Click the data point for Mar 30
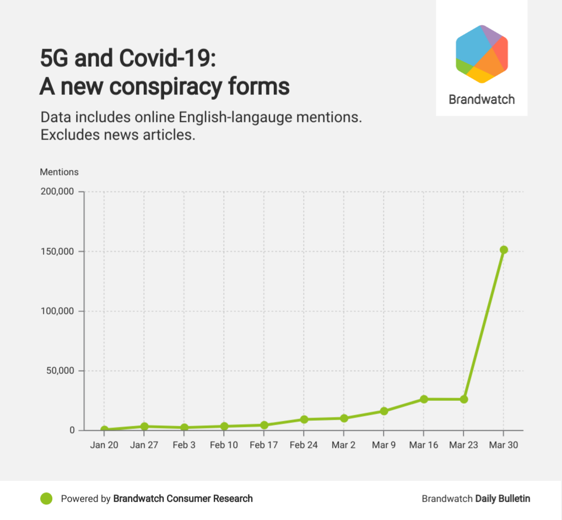503,250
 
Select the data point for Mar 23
464,399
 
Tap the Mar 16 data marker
424,399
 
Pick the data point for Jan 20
104,430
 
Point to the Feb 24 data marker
304,420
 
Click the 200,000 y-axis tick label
58,192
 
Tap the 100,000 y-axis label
58,311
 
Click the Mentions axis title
59,172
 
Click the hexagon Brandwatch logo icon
482,54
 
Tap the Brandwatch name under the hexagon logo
482,100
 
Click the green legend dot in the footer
47,498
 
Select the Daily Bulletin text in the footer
502,498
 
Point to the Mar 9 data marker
384,411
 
